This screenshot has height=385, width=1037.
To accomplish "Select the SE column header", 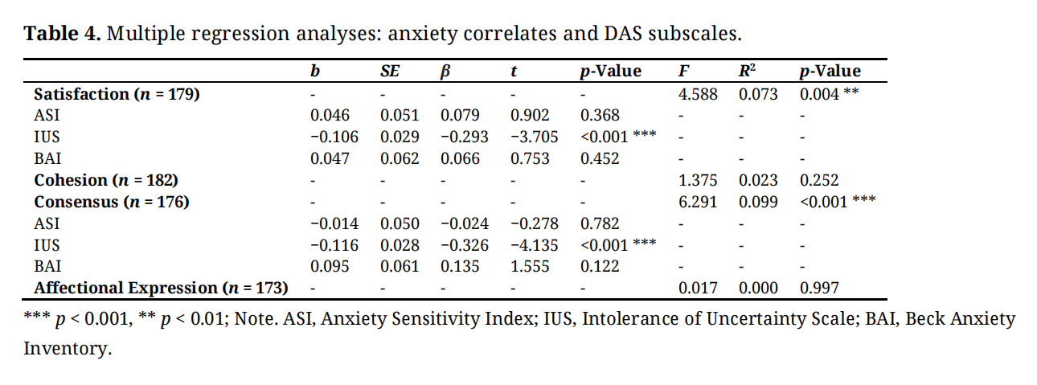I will coord(390,72).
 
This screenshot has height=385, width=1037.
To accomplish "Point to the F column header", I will coord(682,72).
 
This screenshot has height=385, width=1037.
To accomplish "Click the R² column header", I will coord(747,71).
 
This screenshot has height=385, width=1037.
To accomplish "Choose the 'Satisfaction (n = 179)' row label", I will coord(117,93).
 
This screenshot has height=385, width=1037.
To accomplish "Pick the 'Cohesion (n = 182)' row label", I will coord(105,180).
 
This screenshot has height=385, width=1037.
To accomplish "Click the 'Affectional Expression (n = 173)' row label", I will coord(161,287).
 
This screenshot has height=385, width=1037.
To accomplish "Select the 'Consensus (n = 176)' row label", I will coord(111,202).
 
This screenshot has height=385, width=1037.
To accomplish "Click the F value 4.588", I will coord(698,93).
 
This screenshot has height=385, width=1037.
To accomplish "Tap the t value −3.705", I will coord(530,137).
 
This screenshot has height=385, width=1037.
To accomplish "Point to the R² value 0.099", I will coord(758,202).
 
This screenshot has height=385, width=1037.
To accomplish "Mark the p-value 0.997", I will coord(819,287).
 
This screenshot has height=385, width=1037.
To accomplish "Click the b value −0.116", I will coord(334,244).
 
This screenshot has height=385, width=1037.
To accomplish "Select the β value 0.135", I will coord(460,266).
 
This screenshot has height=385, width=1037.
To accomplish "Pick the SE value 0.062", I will coord(400,158).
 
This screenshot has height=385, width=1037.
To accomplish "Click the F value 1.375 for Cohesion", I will coord(698,180).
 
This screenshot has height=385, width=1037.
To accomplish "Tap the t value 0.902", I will coord(530,115).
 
